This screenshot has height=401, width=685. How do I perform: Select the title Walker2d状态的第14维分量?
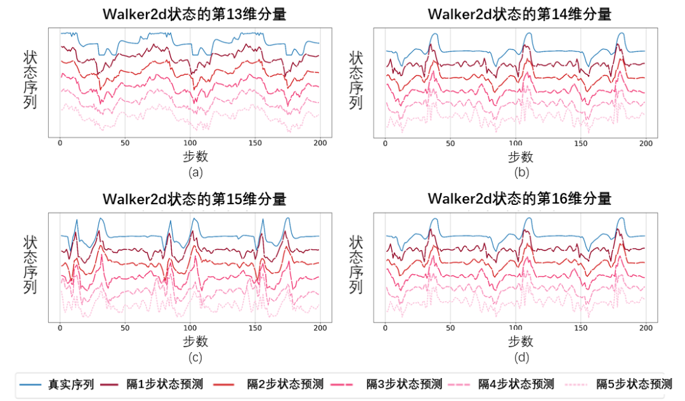pyautogui.click(x=519, y=15)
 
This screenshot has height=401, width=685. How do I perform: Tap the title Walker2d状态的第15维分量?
pyautogui.click(x=194, y=199)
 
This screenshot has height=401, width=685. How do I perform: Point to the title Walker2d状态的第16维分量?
pyautogui.click(x=519, y=199)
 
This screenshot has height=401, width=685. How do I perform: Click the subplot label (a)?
pyautogui.click(x=195, y=172)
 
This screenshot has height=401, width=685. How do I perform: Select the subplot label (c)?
pyautogui.click(x=195, y=357)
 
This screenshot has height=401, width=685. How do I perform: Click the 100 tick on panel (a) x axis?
pyautogui.click(x=190, y=143)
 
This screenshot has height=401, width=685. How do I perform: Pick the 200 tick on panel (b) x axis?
pyautogui.click(x=645, y=143)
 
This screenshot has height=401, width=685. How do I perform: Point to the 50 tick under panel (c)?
pyautogui.click(x=124, y=327)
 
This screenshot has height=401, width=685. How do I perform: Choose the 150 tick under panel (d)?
pyautogui.click(x=580, y=327)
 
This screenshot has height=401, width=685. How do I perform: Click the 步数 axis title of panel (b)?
pyautogui.click(x=520, y=156)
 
